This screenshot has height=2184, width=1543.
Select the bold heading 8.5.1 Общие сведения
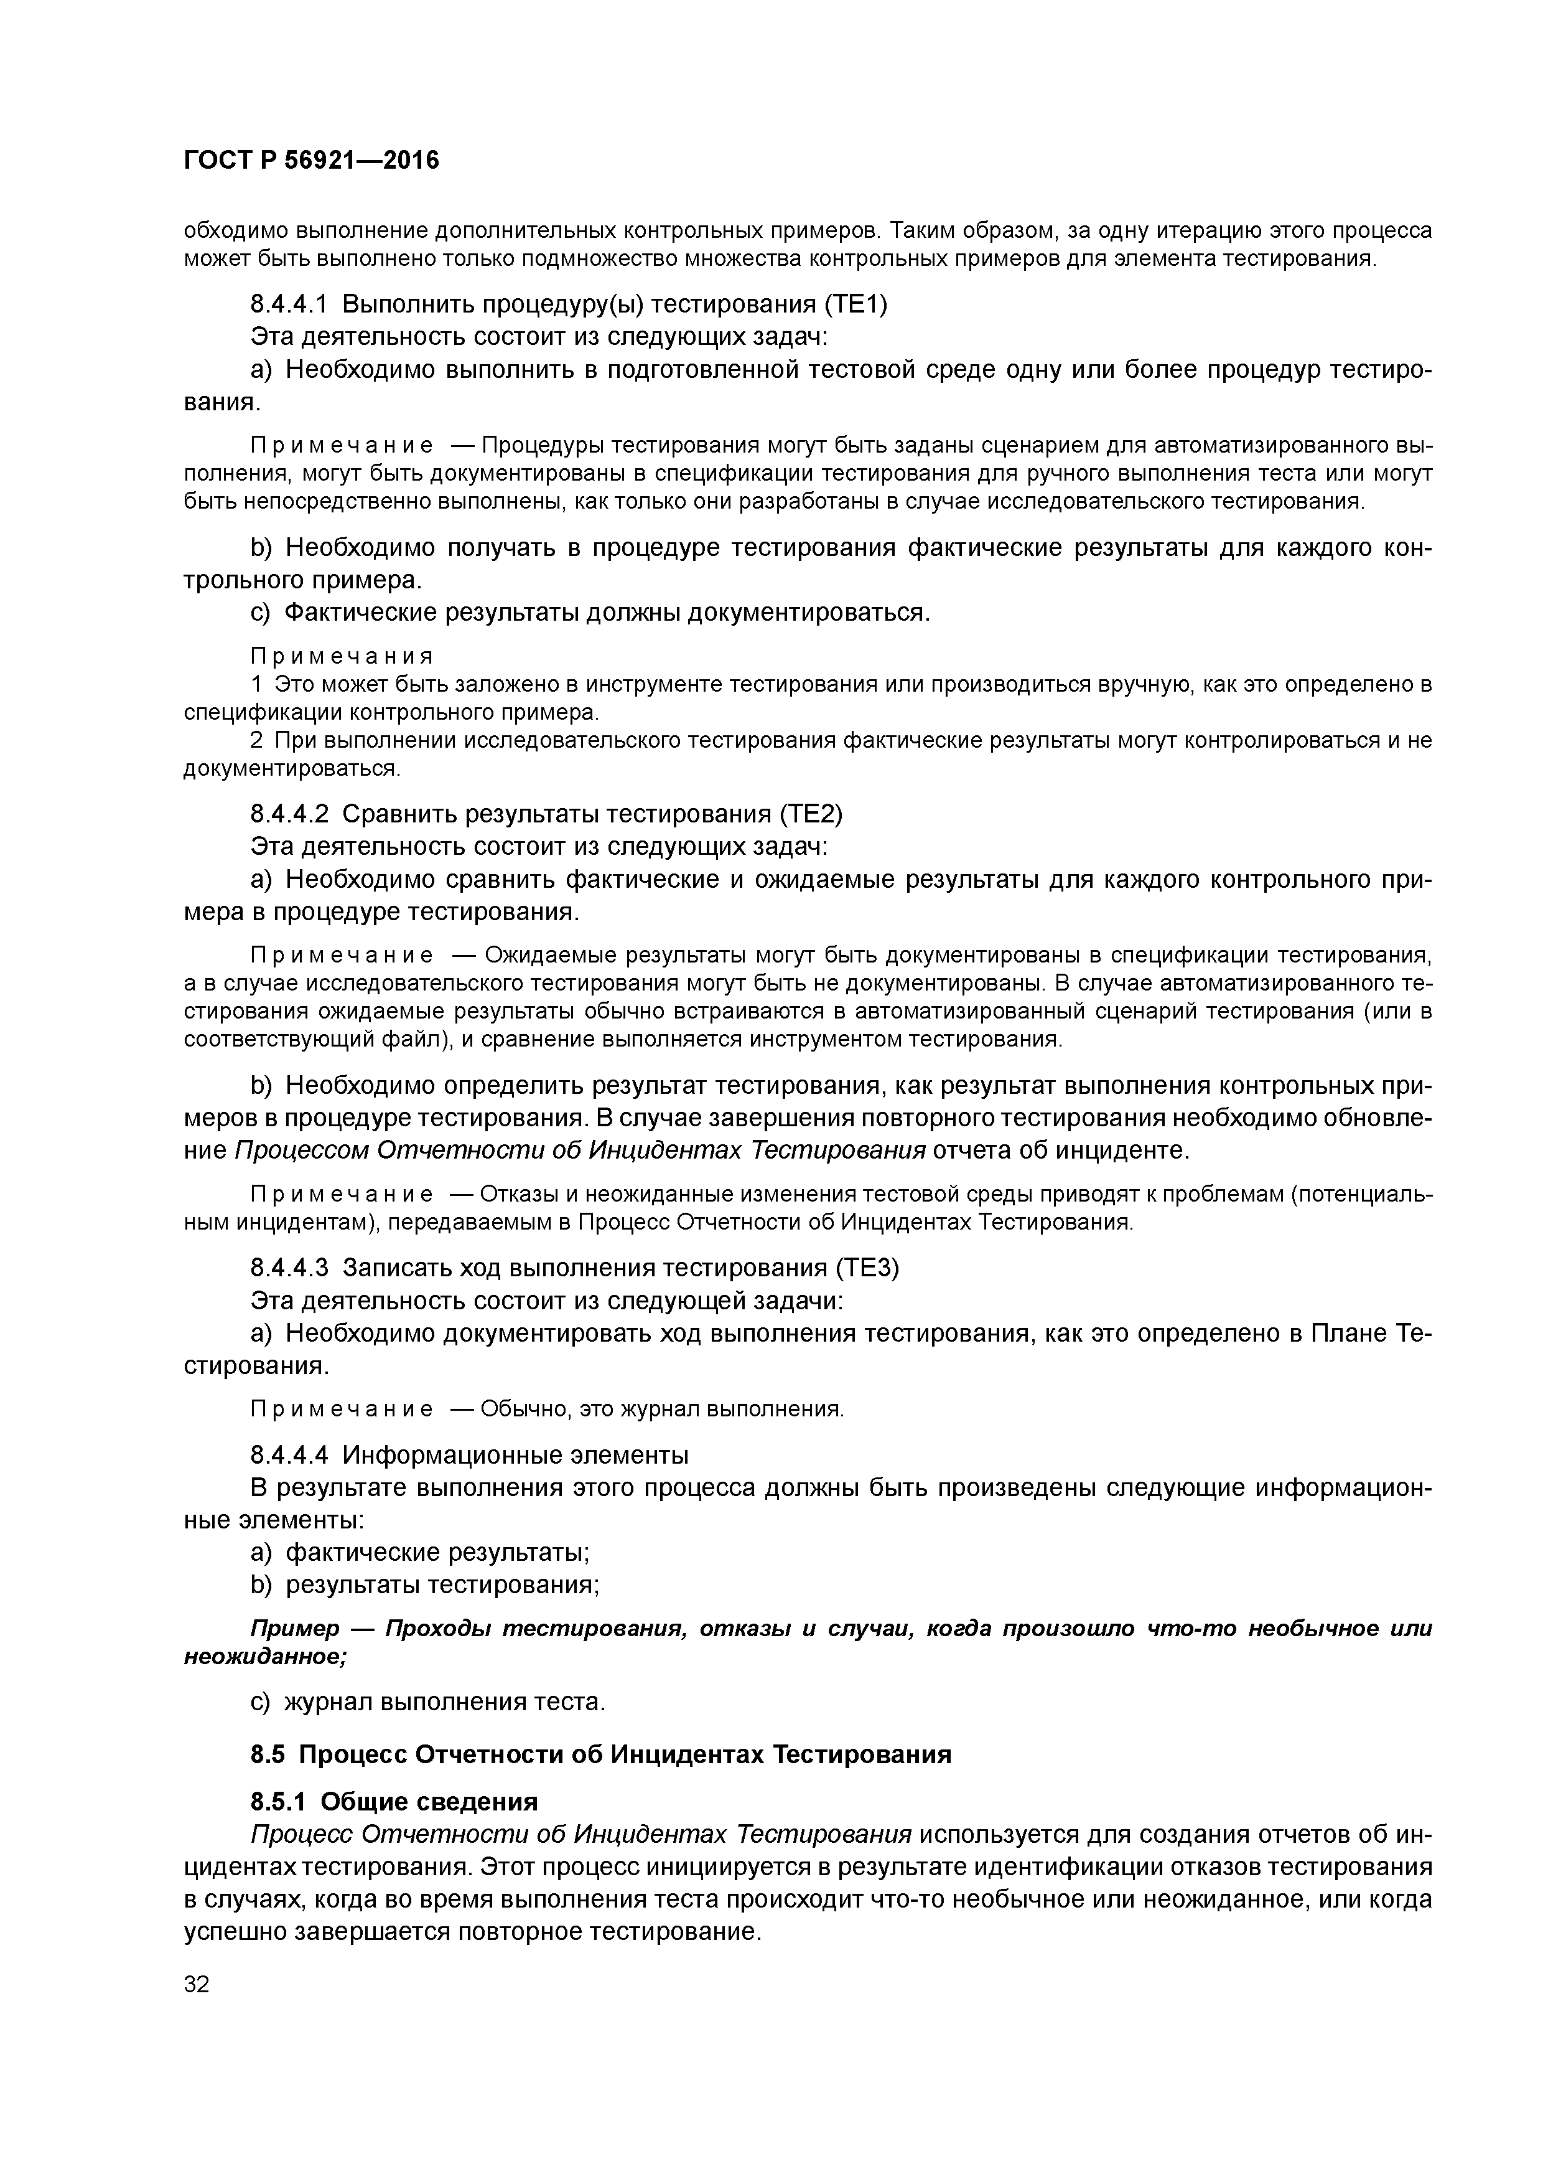[394, 1802]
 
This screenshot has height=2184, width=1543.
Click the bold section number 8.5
[269, 1754]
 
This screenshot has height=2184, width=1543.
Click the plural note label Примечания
[342, 656]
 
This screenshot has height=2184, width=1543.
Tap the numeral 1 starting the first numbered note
[256, 684]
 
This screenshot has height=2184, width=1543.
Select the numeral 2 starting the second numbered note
[256, 740]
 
